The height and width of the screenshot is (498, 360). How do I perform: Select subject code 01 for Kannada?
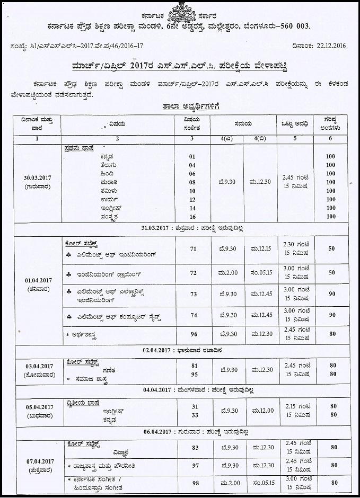(192, 157)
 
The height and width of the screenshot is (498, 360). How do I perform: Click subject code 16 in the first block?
(192, 216)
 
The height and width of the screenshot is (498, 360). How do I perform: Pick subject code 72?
(193, 272)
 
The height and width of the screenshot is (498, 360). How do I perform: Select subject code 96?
(193, 335)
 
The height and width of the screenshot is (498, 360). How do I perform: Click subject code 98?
(195, 483)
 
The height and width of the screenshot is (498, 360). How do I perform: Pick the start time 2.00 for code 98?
(227, 483)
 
